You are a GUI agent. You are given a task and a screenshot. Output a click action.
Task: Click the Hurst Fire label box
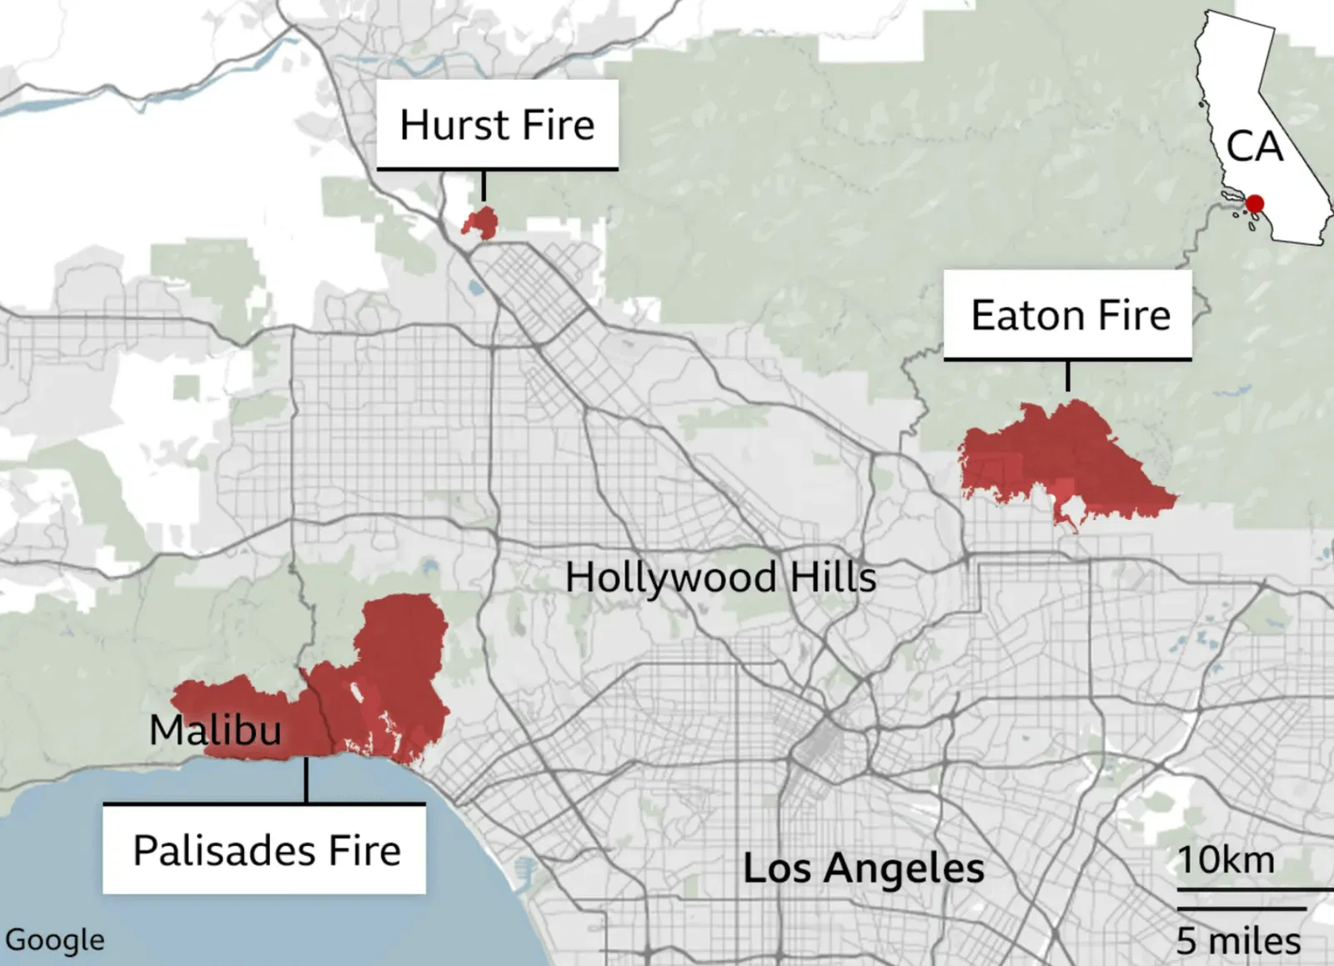pos(497,125)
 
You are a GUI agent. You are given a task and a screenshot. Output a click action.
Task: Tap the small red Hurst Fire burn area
pos(481,223)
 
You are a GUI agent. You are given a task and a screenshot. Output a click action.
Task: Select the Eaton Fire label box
pos(1069,315)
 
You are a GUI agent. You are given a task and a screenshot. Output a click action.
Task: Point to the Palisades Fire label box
pos(265,850)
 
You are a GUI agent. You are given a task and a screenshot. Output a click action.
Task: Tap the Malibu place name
pos(215,730)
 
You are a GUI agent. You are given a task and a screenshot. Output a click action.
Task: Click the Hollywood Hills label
pos(720,578)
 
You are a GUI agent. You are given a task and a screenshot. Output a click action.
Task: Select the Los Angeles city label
pos(863,868)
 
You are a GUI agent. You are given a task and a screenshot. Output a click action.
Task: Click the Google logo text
pos(54,940)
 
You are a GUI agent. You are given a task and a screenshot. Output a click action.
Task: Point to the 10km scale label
pos(1226,860)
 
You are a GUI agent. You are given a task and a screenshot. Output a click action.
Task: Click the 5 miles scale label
pos(1238,942)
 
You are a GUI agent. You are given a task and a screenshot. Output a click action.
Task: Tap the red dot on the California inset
pos(1255,203)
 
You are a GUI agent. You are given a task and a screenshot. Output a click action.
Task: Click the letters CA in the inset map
pos(1254,147)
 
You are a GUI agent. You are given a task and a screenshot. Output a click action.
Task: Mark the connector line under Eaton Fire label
pos(1068,376)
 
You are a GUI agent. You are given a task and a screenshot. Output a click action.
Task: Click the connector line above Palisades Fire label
pos(306,780)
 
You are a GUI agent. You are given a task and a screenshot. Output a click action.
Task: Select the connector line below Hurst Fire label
pos(484,185)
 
